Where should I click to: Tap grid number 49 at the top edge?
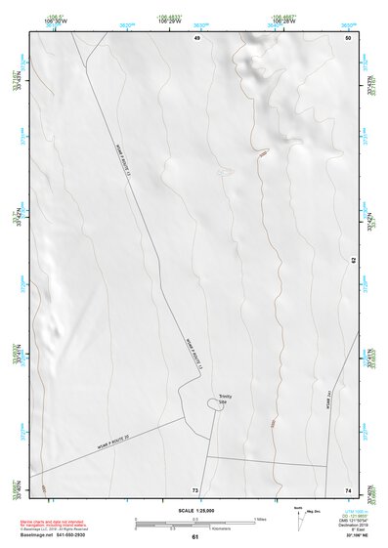click(x=196, y=37)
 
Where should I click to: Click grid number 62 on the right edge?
click(x=353, y=260)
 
